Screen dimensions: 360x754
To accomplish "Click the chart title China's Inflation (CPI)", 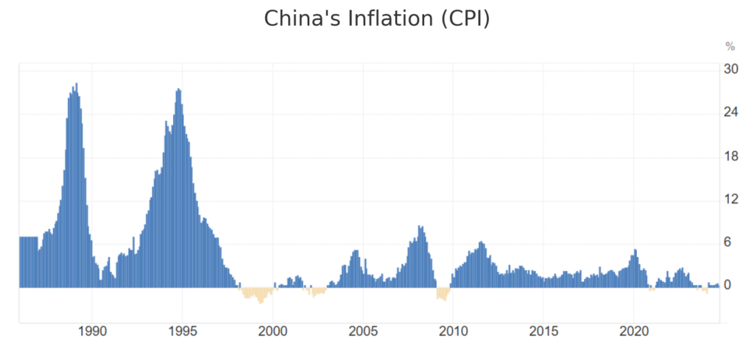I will coord(376,18).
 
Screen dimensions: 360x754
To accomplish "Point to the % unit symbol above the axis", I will coord(730,46).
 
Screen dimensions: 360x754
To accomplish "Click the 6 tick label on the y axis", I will coord(728,243).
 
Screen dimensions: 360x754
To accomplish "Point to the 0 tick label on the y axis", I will coord(728,286).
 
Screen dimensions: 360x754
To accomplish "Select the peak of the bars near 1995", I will coord(178,91).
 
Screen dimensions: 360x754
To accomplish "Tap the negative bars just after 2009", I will coord(442,294).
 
